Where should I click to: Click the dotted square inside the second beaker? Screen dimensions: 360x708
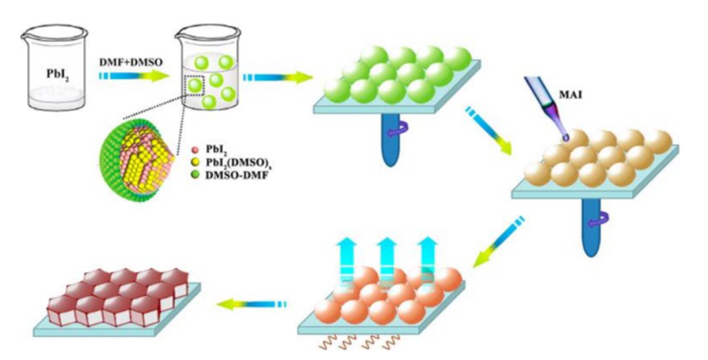click(196, 85)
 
